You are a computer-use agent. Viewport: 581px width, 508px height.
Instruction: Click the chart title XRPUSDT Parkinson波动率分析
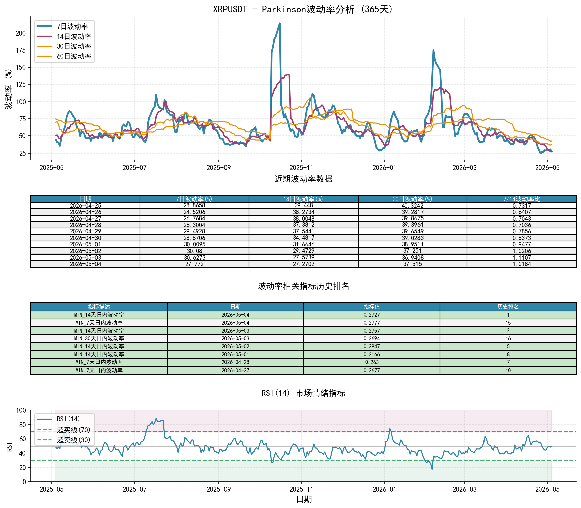[x=303, y=9]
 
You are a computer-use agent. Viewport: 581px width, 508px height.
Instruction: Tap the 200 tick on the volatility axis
[x=21, y=33]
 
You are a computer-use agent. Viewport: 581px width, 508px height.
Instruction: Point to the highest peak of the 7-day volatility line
[x=280, y=23]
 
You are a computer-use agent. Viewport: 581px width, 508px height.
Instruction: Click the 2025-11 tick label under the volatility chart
[x=301, y=168]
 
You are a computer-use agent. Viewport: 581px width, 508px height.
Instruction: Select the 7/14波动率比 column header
[x=522, y=199]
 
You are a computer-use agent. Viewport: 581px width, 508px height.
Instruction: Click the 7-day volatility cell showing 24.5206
[x=194, y=212]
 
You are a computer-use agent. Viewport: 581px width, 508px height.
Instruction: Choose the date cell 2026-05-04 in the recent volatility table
[x=85, y=264]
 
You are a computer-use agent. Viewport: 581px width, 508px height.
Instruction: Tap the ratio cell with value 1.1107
[x=522, y=258]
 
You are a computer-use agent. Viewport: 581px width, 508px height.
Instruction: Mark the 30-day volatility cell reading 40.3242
[x=412, y=206]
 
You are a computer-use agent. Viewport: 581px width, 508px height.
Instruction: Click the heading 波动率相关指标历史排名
[x=304, y=286]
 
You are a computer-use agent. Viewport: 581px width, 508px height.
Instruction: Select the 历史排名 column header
[x=508, y=307]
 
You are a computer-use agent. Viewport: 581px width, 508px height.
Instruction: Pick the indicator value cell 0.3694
[x=372, y=338]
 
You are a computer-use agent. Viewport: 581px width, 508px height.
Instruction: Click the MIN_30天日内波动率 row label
[x=99, y=338]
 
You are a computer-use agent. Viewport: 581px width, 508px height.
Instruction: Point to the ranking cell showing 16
[x=508, y=338]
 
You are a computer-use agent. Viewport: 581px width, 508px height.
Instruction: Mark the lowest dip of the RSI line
[x=432, y=469]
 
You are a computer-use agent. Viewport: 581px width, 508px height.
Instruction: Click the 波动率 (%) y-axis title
[x=8, y=89]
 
